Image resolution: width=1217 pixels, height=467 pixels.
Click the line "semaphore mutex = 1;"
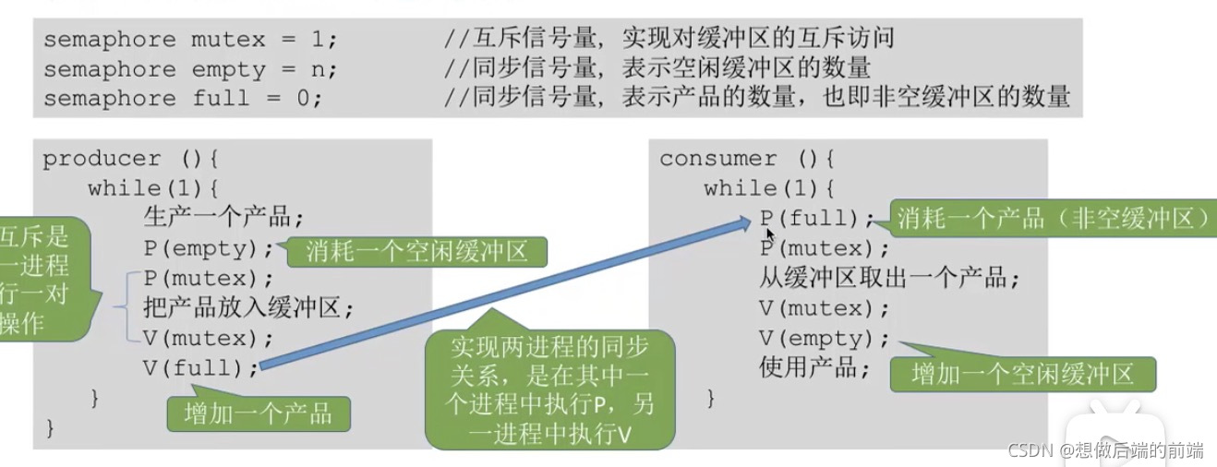[190, 41]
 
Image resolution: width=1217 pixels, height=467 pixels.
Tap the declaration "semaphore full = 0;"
[183, 98]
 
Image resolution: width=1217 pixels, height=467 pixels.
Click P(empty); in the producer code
[209, 249]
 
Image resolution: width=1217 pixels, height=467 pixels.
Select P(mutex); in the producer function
[209, 279]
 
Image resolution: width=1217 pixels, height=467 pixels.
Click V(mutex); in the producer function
[209, 338]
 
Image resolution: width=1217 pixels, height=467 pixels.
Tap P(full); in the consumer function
[816, 219]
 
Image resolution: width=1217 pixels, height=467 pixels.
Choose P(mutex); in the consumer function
[825, 249]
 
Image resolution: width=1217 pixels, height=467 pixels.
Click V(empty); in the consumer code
[825, 338]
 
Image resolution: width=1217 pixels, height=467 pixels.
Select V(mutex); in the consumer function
[825, 308]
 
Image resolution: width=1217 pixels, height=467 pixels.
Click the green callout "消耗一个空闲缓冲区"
[415, 251]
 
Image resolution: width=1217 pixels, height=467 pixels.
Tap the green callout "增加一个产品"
[259, 413]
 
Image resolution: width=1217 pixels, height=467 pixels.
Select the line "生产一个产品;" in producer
[223, 219]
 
